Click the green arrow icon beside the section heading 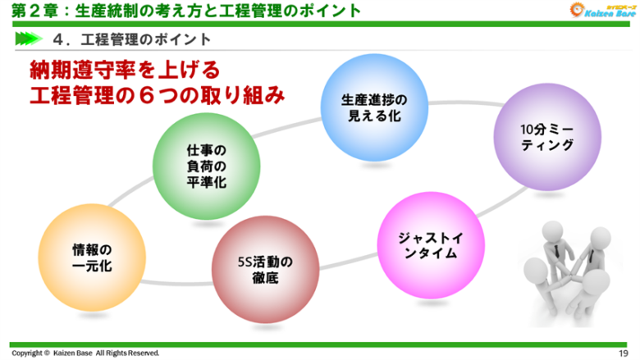tap(28, 39)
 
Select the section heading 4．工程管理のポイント tap(130, 39)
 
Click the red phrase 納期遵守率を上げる tap(124, 68)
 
